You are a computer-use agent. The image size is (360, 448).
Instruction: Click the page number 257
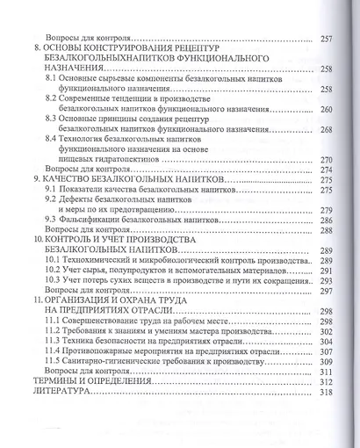point(328,40)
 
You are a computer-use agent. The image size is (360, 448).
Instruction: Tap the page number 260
point(328,110)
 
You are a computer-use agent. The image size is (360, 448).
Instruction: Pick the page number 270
point(328,160)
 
